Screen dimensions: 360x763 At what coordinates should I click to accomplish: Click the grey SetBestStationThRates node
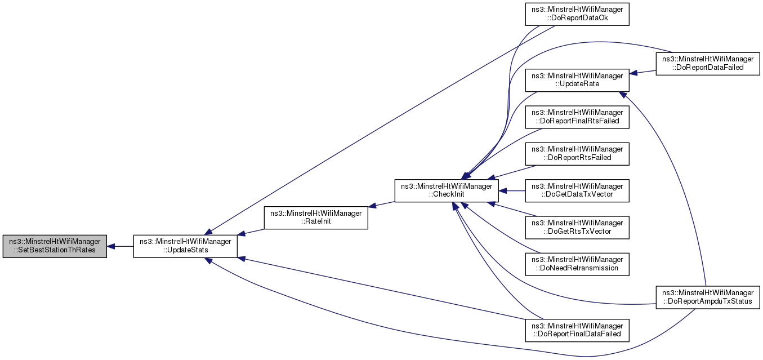pos(55,246)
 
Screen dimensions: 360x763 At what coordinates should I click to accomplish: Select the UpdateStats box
pos(185,246)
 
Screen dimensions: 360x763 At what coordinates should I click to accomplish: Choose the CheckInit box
pos(447,191)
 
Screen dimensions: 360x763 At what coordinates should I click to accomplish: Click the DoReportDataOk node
pos(577,14)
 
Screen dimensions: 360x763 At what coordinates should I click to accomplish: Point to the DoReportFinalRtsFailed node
pos(577,117)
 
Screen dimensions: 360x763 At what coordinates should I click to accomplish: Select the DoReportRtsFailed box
pos(577,154)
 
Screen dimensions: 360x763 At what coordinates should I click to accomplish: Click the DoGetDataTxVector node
pos(577,191)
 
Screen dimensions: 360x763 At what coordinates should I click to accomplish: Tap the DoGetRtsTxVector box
pos(577,228)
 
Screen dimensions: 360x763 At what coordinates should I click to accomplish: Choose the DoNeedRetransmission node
pos(577,264)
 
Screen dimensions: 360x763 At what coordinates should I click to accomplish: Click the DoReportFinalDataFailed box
pos(577,330)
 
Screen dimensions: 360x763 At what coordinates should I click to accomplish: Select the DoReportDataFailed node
pos(708,63)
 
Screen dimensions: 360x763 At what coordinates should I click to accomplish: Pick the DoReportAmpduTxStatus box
pos(708,297)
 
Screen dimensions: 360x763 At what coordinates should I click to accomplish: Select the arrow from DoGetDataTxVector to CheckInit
pos(512,191)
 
